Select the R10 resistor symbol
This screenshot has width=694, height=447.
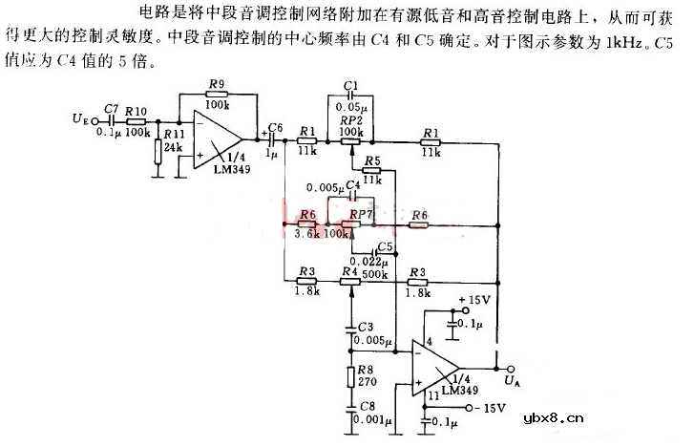point(137,121)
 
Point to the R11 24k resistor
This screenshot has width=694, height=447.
point(158,153)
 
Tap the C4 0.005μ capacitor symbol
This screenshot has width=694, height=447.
point(351,198)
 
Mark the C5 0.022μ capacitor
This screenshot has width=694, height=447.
point(379,253)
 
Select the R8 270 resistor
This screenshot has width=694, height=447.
point(352,373)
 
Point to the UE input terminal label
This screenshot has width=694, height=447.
point(80,120)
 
